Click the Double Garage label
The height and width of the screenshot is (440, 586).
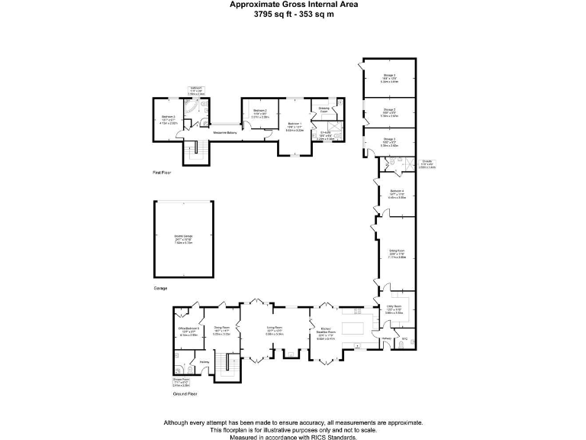(182, 237)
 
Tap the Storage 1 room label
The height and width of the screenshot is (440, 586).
(389, 76)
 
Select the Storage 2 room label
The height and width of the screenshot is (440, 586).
(389, 109)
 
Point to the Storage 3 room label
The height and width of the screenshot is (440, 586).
(389, 141)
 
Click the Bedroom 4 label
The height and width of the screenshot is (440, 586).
(397, 191)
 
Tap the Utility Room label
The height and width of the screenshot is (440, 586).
(394, 308)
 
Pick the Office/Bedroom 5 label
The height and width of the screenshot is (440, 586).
(188, 328)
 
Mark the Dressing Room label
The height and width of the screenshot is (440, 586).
(324, 110)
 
